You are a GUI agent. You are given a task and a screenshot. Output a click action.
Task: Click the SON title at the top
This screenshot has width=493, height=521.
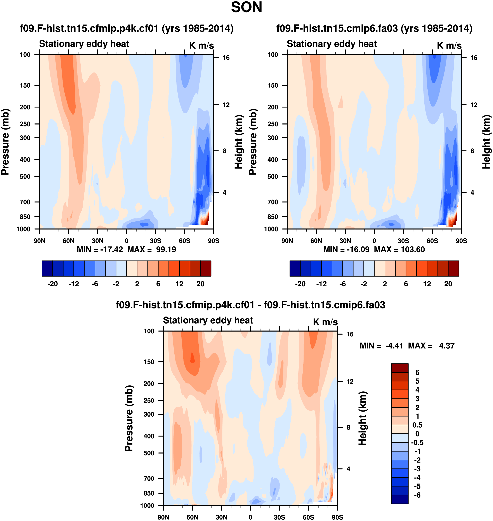point(246,7)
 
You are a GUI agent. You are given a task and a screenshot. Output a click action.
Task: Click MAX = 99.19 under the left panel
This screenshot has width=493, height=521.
point(152,249)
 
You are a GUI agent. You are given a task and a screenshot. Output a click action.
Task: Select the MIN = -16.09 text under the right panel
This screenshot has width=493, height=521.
point(346,249)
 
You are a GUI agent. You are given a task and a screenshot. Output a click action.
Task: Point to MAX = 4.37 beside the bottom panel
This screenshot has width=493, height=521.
point(431,346)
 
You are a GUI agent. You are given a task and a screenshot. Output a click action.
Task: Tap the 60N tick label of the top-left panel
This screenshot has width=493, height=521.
point(68,241)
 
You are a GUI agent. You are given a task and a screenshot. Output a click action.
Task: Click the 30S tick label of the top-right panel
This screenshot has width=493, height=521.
point(403,241)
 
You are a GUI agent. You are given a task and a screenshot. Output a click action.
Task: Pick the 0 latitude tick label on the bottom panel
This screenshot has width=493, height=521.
point(250,517)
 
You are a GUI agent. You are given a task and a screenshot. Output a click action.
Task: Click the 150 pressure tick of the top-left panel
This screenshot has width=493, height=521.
point(25,85)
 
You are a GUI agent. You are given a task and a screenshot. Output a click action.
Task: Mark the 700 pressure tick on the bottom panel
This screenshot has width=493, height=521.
point(149,478)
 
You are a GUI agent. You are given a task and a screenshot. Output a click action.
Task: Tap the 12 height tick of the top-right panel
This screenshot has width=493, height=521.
point(474,105)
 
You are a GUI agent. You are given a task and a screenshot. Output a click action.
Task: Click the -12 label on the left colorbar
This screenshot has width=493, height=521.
point(74,284)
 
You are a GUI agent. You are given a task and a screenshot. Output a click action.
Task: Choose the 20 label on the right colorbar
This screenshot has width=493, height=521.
point(448,284)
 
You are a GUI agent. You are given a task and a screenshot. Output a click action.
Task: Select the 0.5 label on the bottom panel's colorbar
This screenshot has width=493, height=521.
point(417,425)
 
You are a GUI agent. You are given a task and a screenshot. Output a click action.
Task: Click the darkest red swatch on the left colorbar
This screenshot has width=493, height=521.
point(206,268)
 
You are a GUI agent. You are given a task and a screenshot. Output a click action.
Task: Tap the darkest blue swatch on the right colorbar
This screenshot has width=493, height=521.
point(295,268)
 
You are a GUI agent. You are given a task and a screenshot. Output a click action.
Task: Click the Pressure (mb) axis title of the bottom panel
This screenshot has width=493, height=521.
point(129,418)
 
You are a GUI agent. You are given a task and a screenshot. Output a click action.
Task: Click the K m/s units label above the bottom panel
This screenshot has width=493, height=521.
point(325,322)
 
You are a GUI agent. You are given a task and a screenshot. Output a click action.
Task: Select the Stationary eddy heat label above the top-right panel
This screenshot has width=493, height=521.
point(332,44)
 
